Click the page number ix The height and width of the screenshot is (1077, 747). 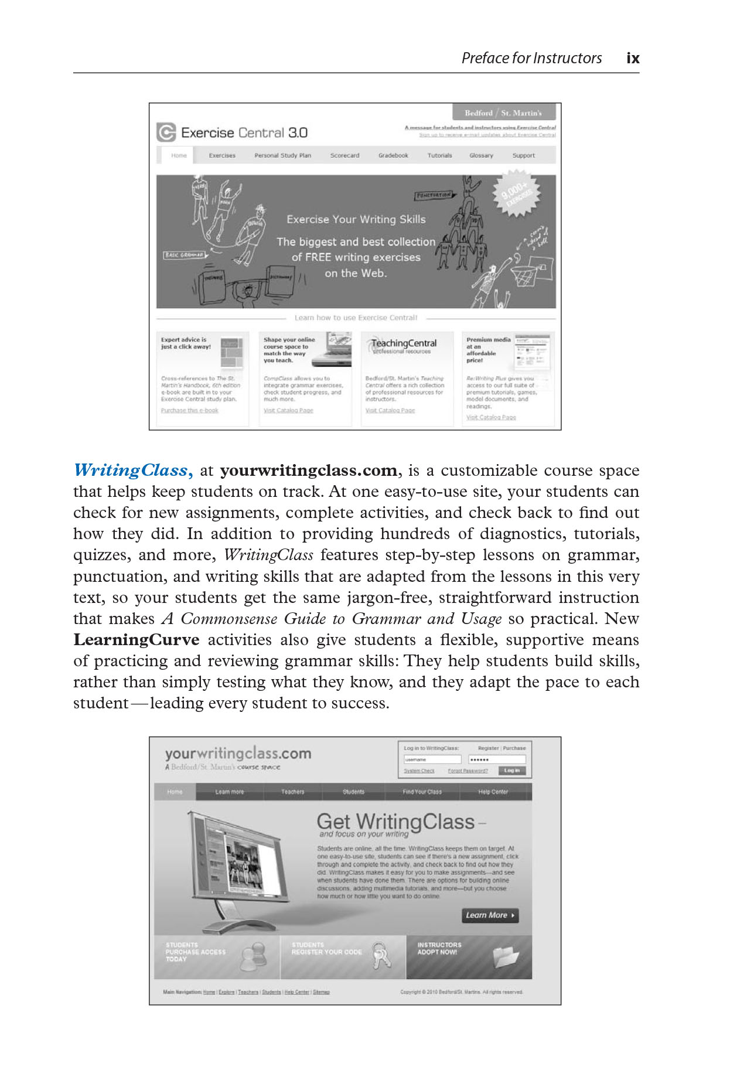(633, 58)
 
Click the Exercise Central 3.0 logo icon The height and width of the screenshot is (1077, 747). (166, 132)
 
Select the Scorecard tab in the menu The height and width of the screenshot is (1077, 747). (344, 155)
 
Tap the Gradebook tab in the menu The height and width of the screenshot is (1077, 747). (393, 155)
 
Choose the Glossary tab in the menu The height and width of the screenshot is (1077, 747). (481, 155)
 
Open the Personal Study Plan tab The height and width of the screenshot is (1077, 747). (282, 155)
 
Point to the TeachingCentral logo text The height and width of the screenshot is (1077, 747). (404, 343)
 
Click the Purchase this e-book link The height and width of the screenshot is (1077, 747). (189, 410)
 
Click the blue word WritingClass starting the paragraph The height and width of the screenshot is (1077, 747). (131, 471)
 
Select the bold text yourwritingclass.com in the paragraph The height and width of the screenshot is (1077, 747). (308, 471)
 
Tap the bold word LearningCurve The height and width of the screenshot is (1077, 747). (136, 640)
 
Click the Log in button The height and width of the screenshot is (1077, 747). (512, 771)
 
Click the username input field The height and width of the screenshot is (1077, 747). (432, 759)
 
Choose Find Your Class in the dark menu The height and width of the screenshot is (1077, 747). (422, 792)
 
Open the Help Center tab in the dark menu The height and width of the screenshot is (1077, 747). (493, 792)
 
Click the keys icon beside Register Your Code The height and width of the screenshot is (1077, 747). (381, 956)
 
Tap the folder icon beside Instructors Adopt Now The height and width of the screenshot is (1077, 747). (506, 957)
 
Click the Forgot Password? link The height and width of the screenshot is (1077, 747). (468, 771)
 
